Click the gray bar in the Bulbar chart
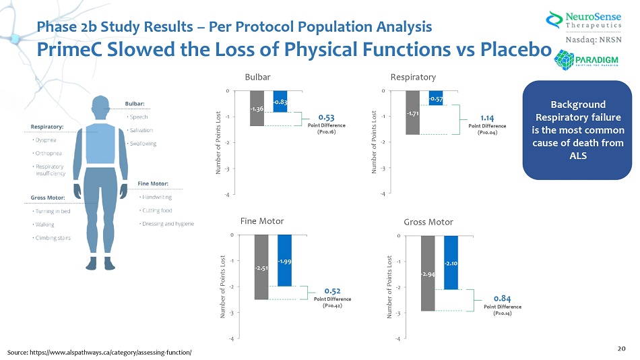[x=257, y=108]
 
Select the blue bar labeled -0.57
[x=435, y=98]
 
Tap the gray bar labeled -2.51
[x=261, y=267]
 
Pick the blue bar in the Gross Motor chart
[x=451, y=262]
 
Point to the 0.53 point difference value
[x=327, y=116]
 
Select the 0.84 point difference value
[x=502, y=298]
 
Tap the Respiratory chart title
[x=413, y=77]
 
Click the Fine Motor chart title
[x=261, y=220]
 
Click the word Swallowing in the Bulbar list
[x=143, y=144]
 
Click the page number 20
[x=621, y=348]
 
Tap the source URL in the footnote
[x=100, y=353]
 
